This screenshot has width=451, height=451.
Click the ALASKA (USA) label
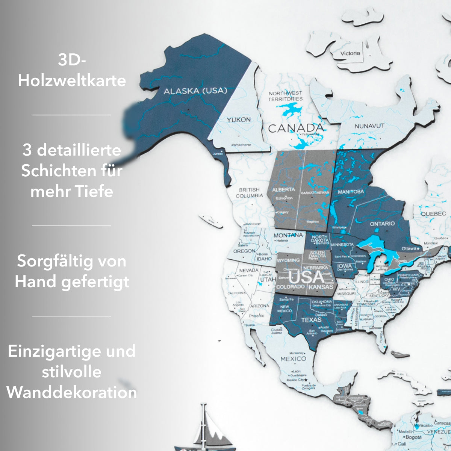[195, 91]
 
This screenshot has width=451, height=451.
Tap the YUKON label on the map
[238, 120]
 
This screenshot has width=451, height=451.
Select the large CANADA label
[296, 128]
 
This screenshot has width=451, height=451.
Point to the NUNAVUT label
[369, 126]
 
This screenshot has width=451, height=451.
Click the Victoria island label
[350, 53]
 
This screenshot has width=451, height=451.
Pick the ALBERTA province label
[283, 189]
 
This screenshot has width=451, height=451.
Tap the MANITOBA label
[351, 192]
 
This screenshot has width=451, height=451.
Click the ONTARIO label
[382, 224]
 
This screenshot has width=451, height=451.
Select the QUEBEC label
[433, 213]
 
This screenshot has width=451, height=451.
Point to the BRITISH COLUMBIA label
[249, 193]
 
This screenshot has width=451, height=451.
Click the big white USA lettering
[307, 277]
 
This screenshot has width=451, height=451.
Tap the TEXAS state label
[312, 320]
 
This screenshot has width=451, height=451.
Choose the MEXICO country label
[293, 359]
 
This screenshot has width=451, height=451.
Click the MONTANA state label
[288, 235]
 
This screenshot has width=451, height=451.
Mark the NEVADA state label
[249, 270]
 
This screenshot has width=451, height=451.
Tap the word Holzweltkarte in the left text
[72, 80]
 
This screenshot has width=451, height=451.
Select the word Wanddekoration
[72, 392]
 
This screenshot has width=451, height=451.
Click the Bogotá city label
[413, 437]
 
